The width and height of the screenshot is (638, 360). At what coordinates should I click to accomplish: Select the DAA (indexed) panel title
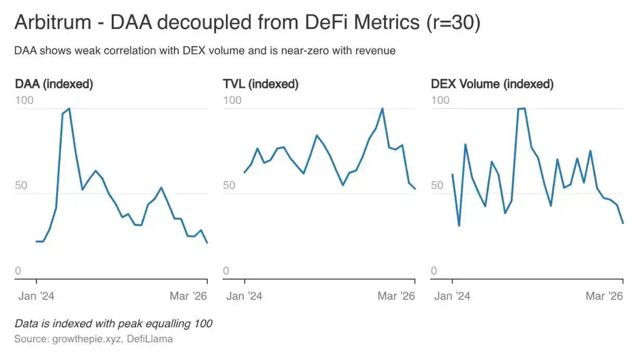(54, 84)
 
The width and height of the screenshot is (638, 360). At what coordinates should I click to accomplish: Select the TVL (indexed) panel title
(261, 84)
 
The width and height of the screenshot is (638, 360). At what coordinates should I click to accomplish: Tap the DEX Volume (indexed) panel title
(492, 84)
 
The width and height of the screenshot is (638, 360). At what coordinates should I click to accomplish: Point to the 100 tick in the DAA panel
(24, 100)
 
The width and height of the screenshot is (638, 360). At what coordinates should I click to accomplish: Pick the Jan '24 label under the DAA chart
(36, 296)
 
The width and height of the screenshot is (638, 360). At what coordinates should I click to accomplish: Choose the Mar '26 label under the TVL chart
(396, 296)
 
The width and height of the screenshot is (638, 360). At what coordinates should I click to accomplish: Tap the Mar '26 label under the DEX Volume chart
(604, 296)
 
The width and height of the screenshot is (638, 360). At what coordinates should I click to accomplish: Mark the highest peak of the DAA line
(69, 109)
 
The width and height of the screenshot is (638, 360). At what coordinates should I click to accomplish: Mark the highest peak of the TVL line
(382, 109)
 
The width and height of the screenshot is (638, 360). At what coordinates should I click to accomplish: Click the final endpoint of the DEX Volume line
(622, 223)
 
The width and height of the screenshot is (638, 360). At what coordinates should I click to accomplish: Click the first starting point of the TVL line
(245, 172)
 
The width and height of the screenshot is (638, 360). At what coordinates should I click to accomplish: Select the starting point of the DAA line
(36, 242)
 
